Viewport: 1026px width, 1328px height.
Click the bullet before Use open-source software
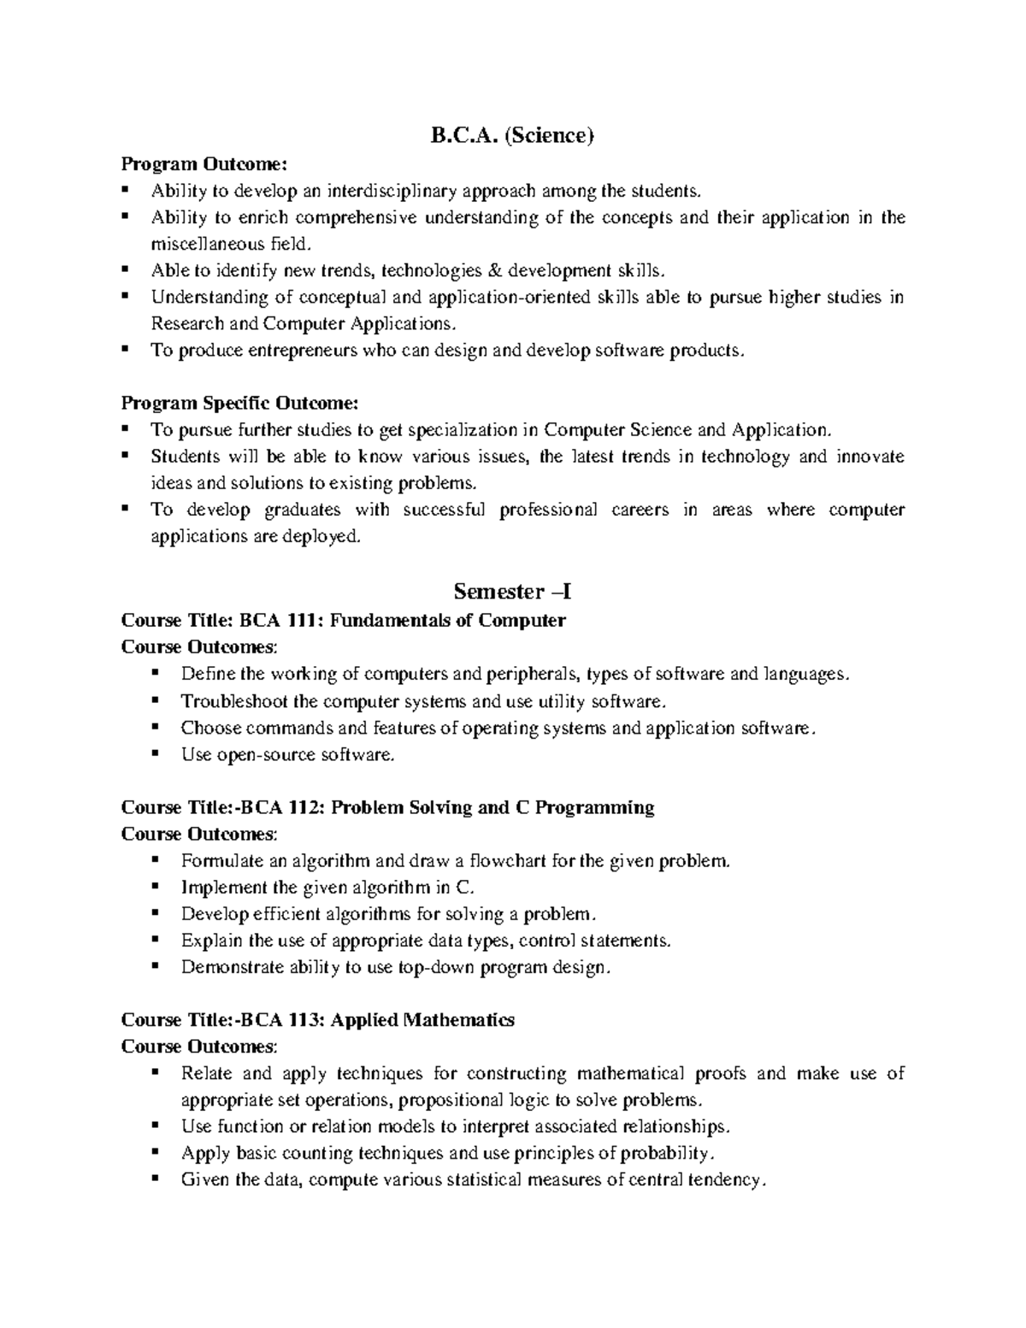click(155, 753)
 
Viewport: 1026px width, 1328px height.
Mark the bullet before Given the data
click(155, 1178)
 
